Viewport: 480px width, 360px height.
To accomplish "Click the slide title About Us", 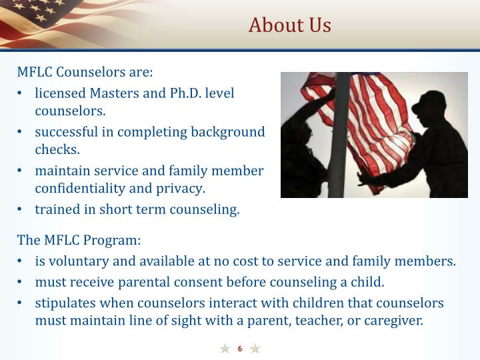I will (x=289, y=25).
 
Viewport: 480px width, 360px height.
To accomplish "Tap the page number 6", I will (x=240, y=349).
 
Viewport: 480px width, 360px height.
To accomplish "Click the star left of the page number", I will (x=225, y=349).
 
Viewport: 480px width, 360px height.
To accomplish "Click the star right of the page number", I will (x=255, y=349).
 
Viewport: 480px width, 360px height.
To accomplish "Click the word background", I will (x=228, y=132).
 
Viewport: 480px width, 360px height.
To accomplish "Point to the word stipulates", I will (x=65, y=303).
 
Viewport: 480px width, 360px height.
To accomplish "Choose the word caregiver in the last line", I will (x=391, y=320).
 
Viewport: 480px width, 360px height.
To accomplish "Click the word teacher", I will (x=327, y=320).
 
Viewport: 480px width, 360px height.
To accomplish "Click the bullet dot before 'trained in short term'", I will (x=23, y=210).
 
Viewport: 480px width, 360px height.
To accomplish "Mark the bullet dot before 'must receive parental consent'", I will (x=23, y=282).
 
